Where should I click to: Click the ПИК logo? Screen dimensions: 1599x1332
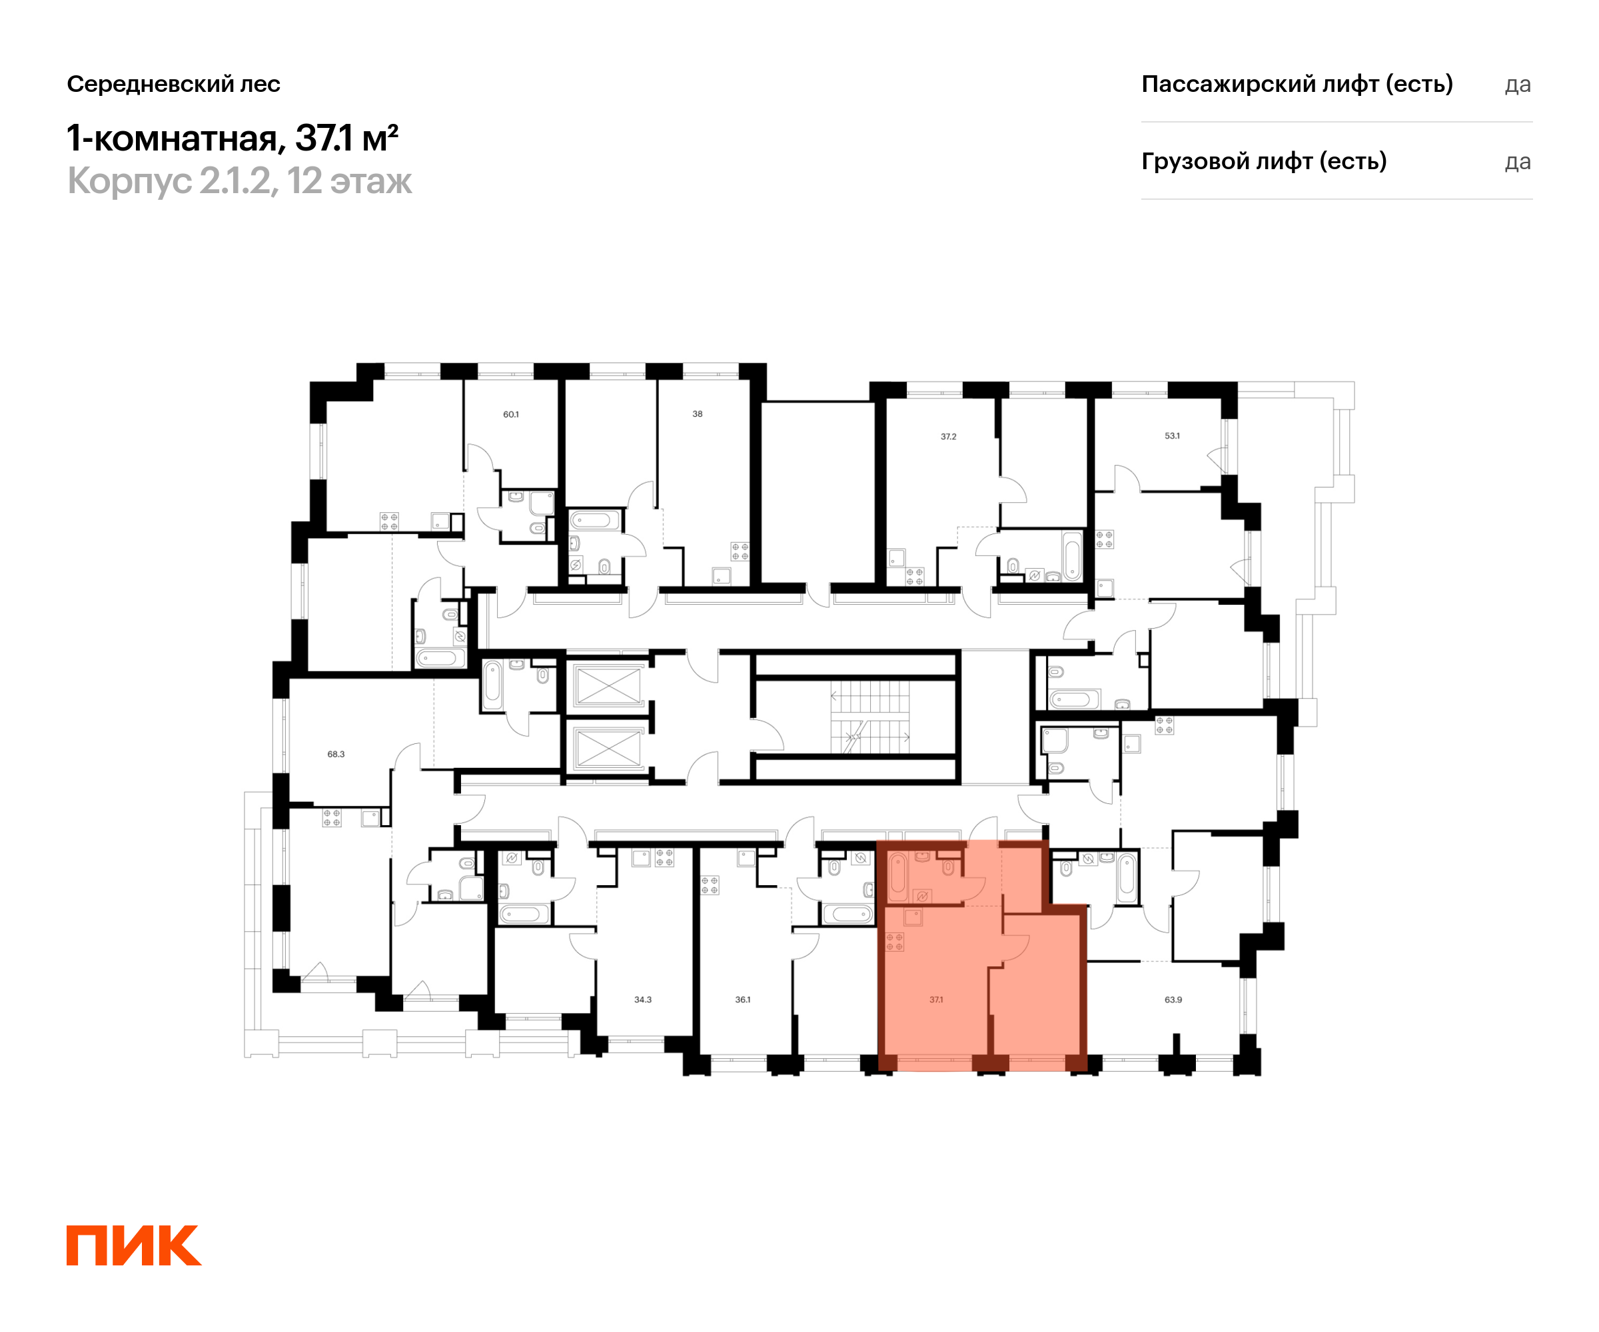[x=134, y=1245]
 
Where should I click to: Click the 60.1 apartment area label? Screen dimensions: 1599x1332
[x=511, y=415]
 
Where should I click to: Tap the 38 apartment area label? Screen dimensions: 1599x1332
[x=698, y=414]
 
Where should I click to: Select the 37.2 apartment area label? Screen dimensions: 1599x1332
[x=948, y=437]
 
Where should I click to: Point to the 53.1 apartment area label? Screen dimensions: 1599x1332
[x=1172, y=436]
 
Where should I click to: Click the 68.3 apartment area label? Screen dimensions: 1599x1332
[x=336, y=755]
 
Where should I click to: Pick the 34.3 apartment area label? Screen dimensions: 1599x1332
[x=643, y=1000]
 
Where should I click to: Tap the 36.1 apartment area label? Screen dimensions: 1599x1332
[x=742, y=1000]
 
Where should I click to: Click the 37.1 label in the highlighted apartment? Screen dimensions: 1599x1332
[x=936, y=1000]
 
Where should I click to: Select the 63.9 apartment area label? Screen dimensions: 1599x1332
[x=1173, y=1000]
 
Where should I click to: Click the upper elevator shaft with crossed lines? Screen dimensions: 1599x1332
[x=608, y=686]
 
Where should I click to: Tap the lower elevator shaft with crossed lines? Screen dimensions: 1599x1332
[x=608, y=748]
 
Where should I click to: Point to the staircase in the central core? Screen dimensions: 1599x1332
[x=869, y=716]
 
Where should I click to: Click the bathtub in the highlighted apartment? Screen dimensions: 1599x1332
[x=899, y=878]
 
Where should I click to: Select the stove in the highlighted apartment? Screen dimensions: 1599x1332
[x=895, y=942]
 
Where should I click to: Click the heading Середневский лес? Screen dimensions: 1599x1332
[x=174, y=84]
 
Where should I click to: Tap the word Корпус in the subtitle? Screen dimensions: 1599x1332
[x=129, y=182]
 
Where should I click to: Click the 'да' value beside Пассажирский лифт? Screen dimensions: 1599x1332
[x=1518, y=85]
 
